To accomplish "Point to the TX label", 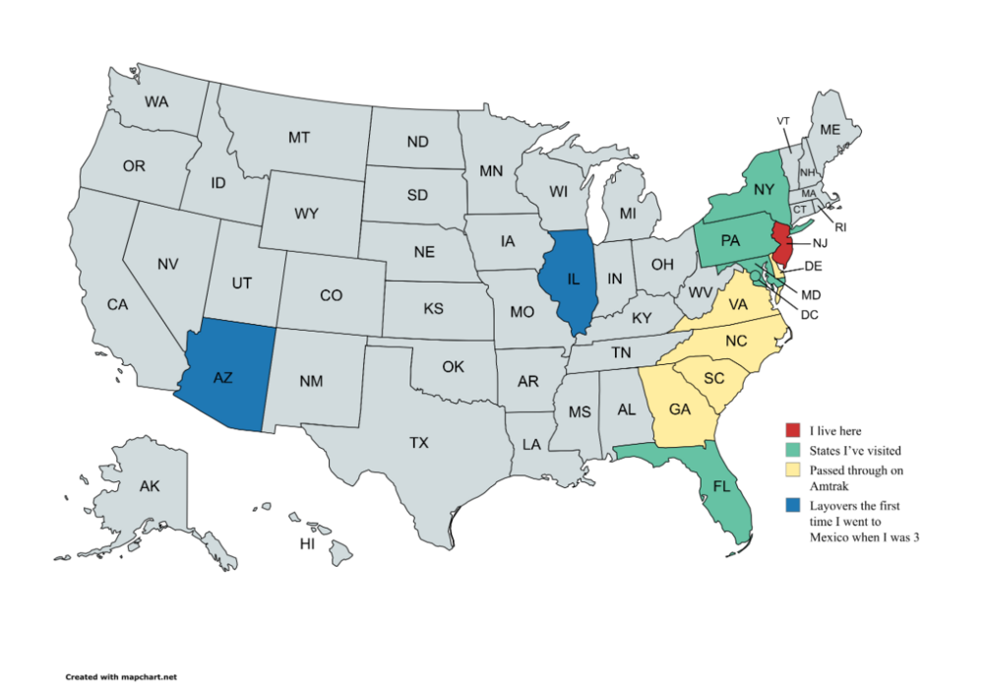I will pyautogui.click(x=420, y=443).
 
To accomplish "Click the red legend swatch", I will pyautogui.click(x=792, y=430).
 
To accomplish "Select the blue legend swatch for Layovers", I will pyautogui.click(x=792, y=506).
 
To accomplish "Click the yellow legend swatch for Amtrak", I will pyautogui.click(x=792, y=470).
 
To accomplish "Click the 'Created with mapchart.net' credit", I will pyautogui.click(x=120, y=677).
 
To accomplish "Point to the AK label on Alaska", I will pyautogui.click(x=150, y=486).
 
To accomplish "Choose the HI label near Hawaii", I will pyautogui.click(x=307, y=543).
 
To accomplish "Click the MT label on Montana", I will pyautogui.click(x=299, y=138).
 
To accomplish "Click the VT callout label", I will pyautogui.click(x=783, y=120).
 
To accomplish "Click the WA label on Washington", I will pyautogui.click(x=155, y=101).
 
